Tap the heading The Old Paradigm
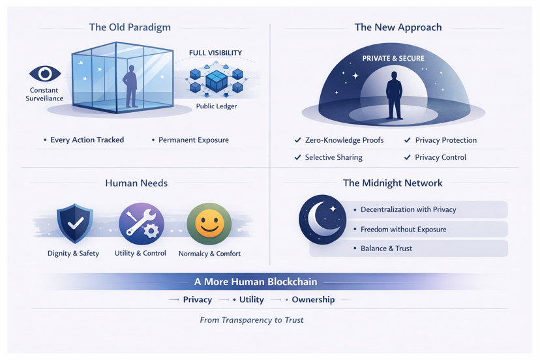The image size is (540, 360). coord(130,27)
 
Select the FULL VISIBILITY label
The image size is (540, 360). coord(215,53)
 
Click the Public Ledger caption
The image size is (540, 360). coord(217,106)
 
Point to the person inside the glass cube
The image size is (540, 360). coord(130,85)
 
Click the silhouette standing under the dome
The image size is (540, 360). coord(394,95)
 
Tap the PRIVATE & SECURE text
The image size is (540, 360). coord(393,59)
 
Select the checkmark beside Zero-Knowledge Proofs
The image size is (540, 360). coord(298,140)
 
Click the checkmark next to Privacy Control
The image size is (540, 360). coord(408,157)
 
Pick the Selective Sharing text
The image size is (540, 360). coord(333,157)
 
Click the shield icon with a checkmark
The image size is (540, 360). coord(74,224)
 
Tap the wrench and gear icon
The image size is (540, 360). coord(141,222)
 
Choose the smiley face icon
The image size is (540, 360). coord(209,224)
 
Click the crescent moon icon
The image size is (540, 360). coord(322,219)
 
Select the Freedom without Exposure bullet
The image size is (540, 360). coord(404,229)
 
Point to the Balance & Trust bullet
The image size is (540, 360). coord(386,248)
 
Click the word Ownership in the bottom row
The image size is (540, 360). coord(313,300)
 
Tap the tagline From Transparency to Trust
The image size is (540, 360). coord(252,320)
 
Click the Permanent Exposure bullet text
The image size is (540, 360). coord(193,140)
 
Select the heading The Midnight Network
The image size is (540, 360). coord(393,183)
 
